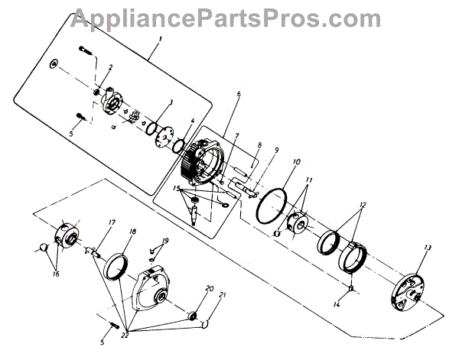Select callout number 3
point(170,102)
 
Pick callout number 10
point(296,162)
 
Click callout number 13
point(427,248)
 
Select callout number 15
point(175,187)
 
